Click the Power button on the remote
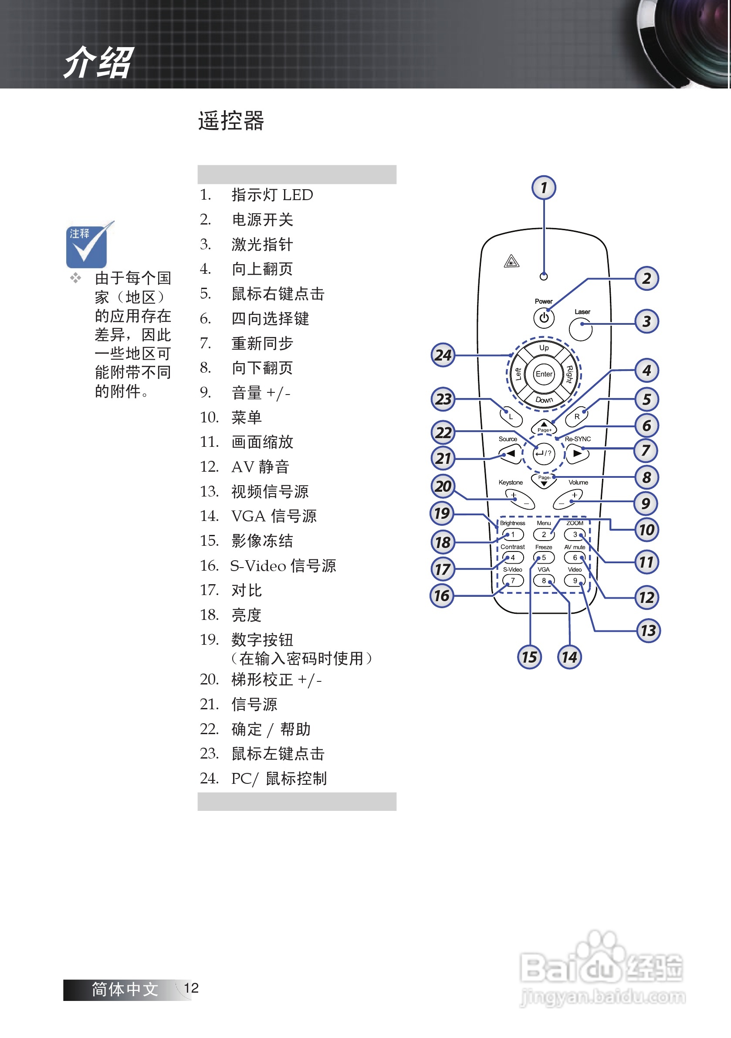(x=544, y=318)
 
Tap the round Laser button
(x=581, y=329)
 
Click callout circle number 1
(x=544, y=187)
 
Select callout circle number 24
(x=443, y=355)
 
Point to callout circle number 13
(x=648, y=630)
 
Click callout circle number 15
(x=529, y=657)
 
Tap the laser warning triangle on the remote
(x=511, y=261)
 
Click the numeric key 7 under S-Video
(x=513, y=581)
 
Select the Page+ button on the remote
(x=544, y=426)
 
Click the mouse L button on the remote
(x=511, y=416)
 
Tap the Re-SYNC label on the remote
(x=578, y=439)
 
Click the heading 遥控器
(x=231, y=121)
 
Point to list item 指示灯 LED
(x=272, y=195)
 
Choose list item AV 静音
(x=260, y=466)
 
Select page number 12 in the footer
(x=191, y=988)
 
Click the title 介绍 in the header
(x=98, y=62)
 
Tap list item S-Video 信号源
(x=283, y=565)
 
